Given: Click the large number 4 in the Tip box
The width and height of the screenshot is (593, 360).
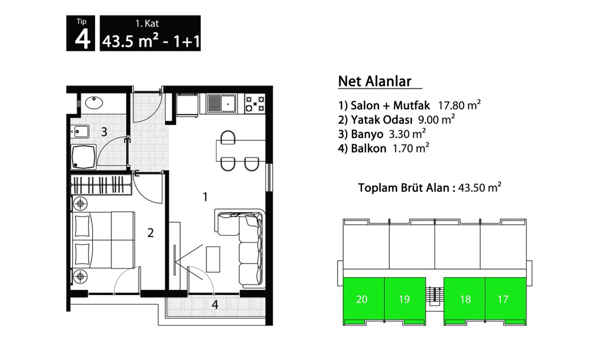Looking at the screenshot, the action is click(82, 39).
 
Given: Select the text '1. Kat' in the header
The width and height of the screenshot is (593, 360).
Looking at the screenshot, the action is click(147, 24).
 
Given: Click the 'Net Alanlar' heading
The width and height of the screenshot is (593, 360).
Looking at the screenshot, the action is click(374, 81).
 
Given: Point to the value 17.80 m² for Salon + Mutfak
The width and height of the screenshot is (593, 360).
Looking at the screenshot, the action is click(459, 105).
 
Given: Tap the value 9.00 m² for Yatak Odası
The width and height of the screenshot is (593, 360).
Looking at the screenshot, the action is click(436, 120).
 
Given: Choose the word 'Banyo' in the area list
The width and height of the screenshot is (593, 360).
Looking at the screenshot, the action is click(367, 134).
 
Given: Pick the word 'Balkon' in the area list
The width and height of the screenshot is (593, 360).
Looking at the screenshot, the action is click(368, 148).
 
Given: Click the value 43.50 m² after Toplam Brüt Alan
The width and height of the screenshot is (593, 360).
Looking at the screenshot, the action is click(479, 187).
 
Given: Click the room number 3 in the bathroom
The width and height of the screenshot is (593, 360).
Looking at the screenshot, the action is click(104, 132).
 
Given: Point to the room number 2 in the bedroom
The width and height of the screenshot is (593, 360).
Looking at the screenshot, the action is click(150, 233).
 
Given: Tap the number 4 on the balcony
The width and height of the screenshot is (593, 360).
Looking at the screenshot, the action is click(215, 305).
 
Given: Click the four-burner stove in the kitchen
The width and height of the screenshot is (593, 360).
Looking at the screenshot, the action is click(255, 104).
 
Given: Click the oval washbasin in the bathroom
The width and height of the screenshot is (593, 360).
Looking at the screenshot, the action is click(94, 103).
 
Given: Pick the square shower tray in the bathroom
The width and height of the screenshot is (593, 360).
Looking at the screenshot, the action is click(83, 156).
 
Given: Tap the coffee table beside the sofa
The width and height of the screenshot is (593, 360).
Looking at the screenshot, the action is click(213, 259).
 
